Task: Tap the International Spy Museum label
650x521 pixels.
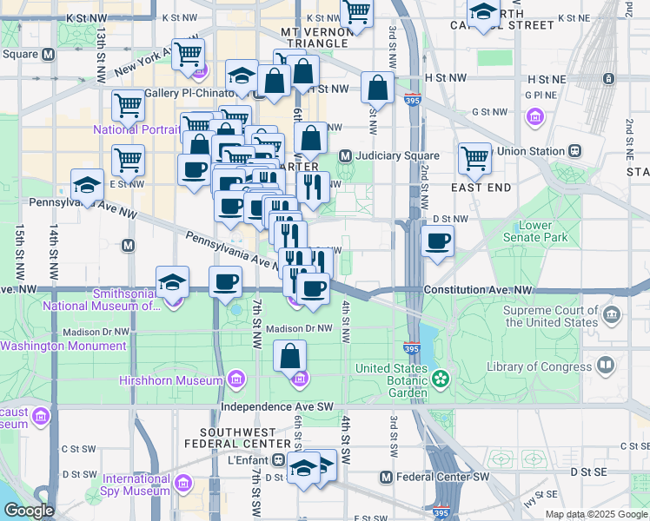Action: [x=136, y=485]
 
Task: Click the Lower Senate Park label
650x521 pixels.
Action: [x=536, y=231]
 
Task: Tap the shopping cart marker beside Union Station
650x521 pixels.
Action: [x=474, y=157]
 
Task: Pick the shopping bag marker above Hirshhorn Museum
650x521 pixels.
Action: [x=290, y=353]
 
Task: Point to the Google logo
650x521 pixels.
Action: [x=30, y=511]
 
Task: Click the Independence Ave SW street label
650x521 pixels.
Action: [x=277, y=406]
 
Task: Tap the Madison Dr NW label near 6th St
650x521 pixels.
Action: [x=299, y=328]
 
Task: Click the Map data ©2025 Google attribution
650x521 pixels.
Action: [x=596, y=514]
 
